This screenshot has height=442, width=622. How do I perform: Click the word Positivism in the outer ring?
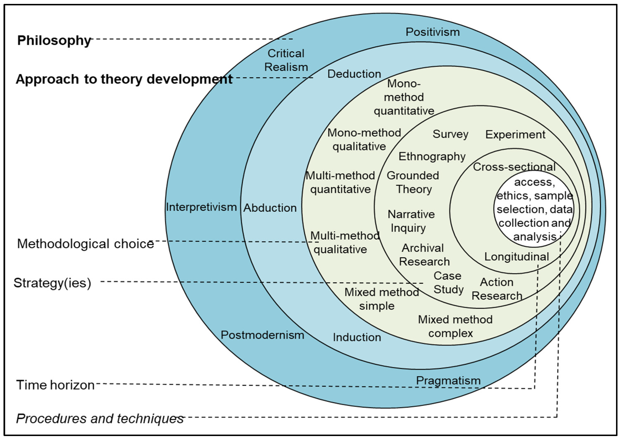click(432, 32)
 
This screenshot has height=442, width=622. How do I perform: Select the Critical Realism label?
click(286, 60)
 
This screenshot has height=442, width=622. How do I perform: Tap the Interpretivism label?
click(201, 207)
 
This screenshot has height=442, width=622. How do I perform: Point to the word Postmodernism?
click(262, 335)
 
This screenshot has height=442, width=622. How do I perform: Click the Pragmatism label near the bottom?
click(448, 381)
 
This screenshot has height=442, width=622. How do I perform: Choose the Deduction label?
click(354, 74)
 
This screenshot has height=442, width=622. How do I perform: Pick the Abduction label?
click(270, 208)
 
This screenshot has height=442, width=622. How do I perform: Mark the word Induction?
click(357, 338)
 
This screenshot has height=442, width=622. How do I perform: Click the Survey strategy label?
click(450, 134)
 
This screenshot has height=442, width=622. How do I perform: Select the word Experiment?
click(515, 135)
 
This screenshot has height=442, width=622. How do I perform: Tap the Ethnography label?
click(432, 157)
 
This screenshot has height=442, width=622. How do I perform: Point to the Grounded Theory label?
click(413, 182)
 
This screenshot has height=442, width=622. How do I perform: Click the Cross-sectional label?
click(514, 167)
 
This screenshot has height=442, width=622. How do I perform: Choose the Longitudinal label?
click(516, 257)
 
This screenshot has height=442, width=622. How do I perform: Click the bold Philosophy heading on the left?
click(54, 40)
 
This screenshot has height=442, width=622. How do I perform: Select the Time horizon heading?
click(55, 385)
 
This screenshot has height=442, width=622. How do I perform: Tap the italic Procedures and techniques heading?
click(100, 419)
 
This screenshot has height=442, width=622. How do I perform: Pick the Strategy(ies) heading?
click(52, 283)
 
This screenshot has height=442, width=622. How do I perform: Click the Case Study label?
click(448, 283)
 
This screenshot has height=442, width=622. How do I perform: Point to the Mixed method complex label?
click(455, 326)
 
